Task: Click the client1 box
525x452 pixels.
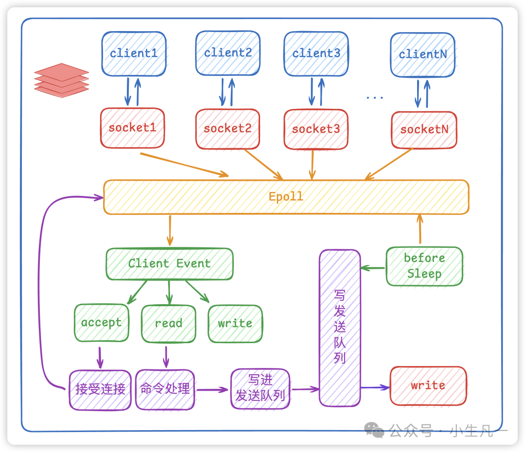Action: pos(134,53)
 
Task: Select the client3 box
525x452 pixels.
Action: pos(316,53)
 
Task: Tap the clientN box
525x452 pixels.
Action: pos(422,54)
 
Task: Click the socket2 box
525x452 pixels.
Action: pos(227,129)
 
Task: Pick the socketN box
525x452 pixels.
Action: pos(424,129)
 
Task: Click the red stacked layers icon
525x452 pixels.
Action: pos(62,80)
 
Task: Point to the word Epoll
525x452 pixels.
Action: pos(286,196)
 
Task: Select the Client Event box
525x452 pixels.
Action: pos(169,264)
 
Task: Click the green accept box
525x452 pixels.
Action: pos(102,323)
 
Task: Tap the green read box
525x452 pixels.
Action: pos(168,324)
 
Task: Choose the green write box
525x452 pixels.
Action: pos(235,324)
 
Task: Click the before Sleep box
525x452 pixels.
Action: pos(424,266)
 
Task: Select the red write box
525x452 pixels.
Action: pos(428,385)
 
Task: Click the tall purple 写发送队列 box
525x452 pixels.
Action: pos(340,328)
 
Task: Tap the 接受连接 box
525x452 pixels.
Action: pos(100,389)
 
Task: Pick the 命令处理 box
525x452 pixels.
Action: pos(165,389)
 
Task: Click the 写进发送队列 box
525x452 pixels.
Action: pos(260,388)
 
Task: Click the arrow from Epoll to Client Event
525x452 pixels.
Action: pos(170,230)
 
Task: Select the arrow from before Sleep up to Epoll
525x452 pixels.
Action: pos(420,229)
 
